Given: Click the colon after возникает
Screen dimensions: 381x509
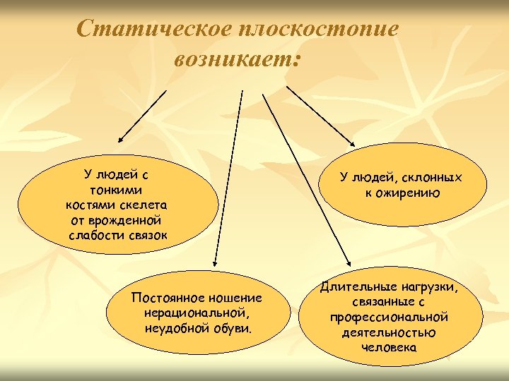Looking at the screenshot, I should point(296,61).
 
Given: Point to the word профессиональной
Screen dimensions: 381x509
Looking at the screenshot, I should point(389,317).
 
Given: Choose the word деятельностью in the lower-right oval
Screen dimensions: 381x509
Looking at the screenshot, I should point(389,332).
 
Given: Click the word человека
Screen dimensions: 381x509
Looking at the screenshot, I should point(389,347).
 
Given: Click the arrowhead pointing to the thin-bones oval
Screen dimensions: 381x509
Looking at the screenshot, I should point(119,141).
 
